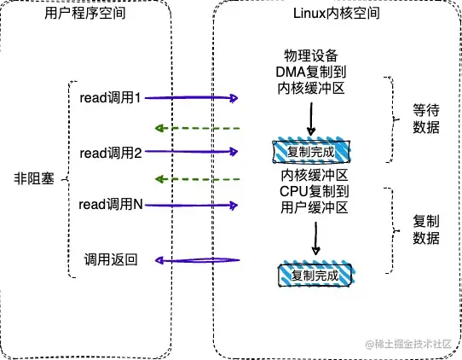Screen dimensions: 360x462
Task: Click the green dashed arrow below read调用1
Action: (x=196, y=128)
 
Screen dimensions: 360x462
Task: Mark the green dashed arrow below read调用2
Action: (x=196, y=179)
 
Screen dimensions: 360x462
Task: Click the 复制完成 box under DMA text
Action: (x=311, y=152)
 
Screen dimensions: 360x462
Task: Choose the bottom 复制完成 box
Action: (x=315, y=276)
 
